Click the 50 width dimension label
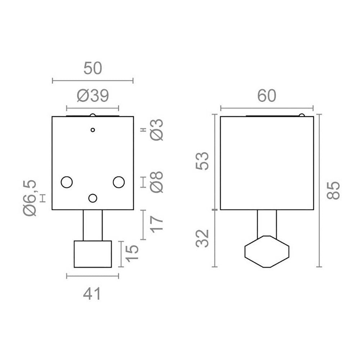click(93, 68)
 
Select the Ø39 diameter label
click(93, 96)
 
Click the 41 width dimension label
click(93, 294)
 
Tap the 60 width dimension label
click(267, 96)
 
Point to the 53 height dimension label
click(203, 162)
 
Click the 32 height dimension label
click(203, 239)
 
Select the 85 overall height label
click(333, 191)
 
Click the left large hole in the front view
click(67, 182)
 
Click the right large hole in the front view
click(118, 182)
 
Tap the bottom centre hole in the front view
click(93, 198)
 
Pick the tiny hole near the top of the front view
click(93, 130)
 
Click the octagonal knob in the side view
click(267, 251)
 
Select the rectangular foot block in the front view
click(93, 254)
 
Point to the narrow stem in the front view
click(93, 225)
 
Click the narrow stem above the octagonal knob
click(267, 223)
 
